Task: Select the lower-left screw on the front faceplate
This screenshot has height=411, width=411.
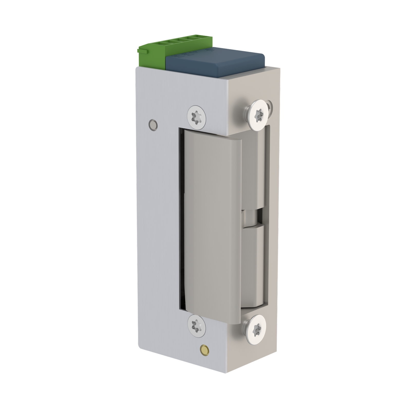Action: tap(197, 326)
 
